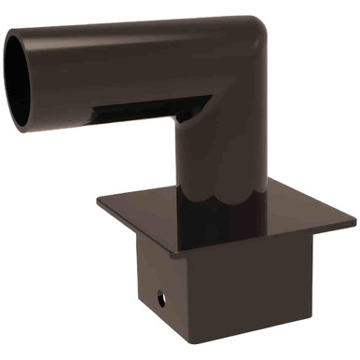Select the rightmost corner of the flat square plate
354,222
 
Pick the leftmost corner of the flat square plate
96,197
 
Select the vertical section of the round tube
224,149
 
